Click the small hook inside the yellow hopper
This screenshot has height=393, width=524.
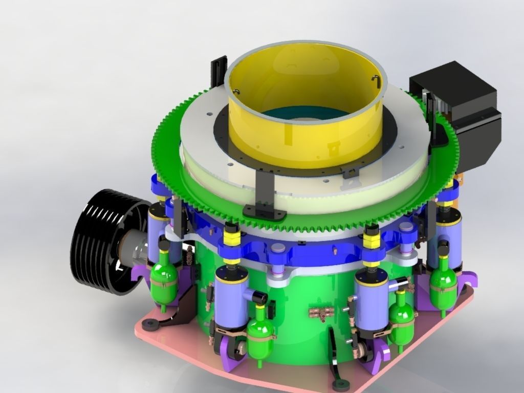(x=376, y=79)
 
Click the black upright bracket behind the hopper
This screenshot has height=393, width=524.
(x=219, y=72)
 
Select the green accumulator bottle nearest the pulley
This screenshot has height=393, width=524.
(x=164, y=279)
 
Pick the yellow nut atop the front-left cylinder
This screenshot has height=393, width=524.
(x=232, y=238)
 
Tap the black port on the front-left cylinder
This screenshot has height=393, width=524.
(x=258, y=296)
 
